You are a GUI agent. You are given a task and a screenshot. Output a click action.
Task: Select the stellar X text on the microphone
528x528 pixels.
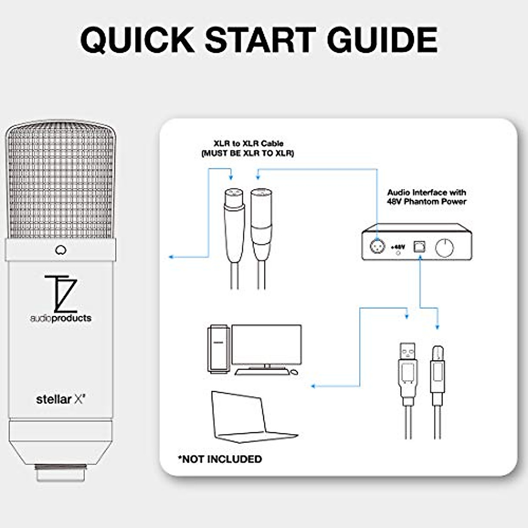pos(60,400)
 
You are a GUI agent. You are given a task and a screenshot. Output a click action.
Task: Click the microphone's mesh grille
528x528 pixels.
pos(60,180)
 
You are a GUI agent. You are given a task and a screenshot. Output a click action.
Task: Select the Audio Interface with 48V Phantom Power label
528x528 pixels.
pos(426,197)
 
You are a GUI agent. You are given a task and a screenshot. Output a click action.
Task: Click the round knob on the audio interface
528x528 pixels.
pos(444,248)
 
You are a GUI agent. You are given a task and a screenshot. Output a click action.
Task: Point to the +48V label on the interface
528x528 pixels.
pos(398,247)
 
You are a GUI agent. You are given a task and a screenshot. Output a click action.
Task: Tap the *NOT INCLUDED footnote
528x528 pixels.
pos(220,459)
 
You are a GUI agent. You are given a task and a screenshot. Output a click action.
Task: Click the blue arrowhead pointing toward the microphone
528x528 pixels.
pos(172,257)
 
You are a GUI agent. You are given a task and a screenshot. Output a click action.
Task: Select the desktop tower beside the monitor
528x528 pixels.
pos(219,349)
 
